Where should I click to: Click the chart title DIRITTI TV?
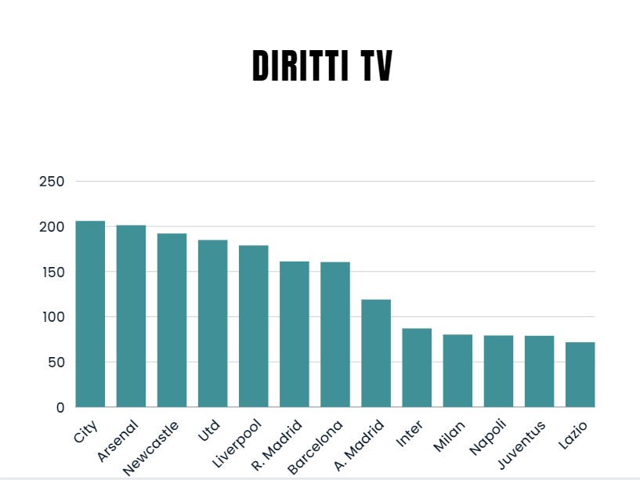point(322,67)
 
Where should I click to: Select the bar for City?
point(90,314)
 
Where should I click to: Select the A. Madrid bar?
point(376,353)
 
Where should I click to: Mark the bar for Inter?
point(417,367)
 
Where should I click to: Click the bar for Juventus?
point(539,371)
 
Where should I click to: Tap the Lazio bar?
point(580,374)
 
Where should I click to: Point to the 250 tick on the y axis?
point(51,182)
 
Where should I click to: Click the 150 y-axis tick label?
point(51,272)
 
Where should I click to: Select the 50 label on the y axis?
point(55,363)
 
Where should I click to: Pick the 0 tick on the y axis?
point(60,407)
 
